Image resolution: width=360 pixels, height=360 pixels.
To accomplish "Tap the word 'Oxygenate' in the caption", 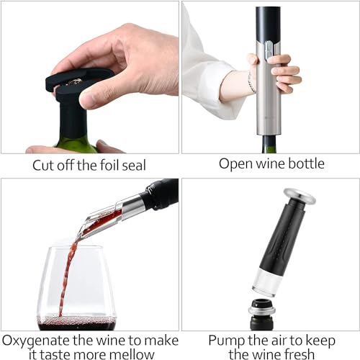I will (x=35, y=339).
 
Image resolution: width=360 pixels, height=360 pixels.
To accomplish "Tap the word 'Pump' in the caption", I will (x=225, y=339).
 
